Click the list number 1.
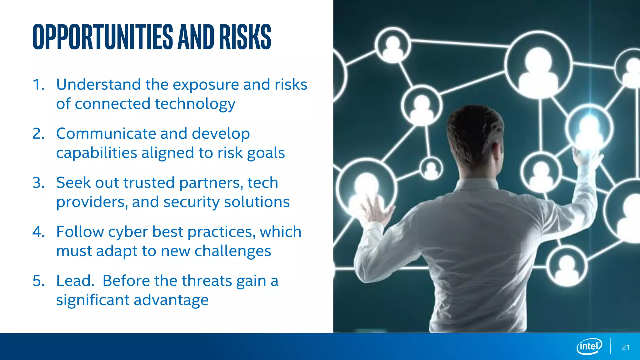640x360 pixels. [38, 85]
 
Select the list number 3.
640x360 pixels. [38, 183]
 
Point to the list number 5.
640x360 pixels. [38, 281]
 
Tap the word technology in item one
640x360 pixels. [195, 104]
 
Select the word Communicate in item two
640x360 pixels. [106, 134]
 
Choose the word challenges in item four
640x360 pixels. [232, 251]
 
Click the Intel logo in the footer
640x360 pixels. [589, 346]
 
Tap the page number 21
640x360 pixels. [626, 347]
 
